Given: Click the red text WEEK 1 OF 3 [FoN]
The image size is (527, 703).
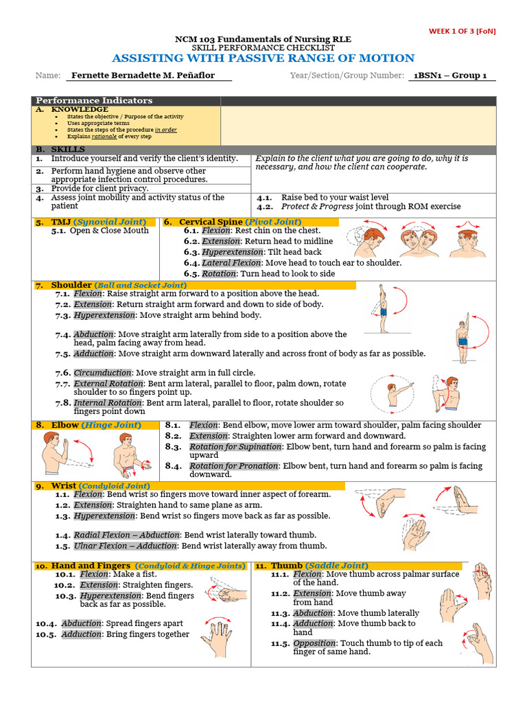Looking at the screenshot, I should (x=462, y=31).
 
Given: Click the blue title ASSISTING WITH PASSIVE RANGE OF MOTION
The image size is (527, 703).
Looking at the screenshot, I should (x=263, y=58).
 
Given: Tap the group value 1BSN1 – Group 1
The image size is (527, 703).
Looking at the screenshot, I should (x=450, y=76).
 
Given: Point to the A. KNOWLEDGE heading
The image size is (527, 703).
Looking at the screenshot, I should (x=72, y=109).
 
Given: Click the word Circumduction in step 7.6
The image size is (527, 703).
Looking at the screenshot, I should (x=103, y=373).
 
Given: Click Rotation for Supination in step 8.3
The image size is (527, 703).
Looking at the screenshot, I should (x=235, y=447).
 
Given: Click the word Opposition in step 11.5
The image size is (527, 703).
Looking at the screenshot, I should (x=314, y=643).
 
